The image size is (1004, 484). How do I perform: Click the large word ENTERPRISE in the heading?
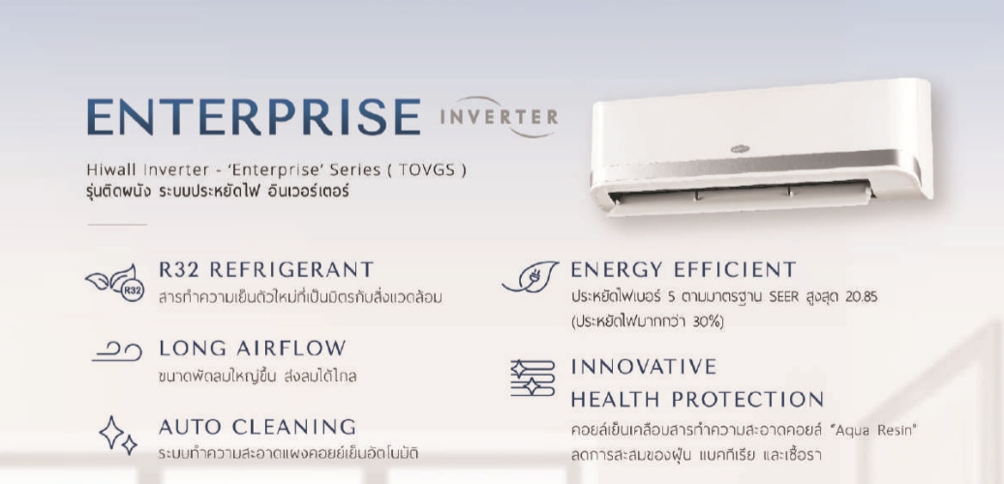(x=254, y=117)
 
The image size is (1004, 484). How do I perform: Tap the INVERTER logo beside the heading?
(x=499, y=117)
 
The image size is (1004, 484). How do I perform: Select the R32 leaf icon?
(x=115, y=283)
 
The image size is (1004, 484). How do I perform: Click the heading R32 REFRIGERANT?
(x=266, y=269)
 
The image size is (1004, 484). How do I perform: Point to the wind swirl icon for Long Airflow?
(x=116, y=351)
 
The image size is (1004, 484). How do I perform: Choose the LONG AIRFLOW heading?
(x=253, y=348)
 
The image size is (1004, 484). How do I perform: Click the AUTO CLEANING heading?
(x=258, y=426)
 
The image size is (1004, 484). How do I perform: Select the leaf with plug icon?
(x=531, y=277)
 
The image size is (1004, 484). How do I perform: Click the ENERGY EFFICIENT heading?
(x=684, y=269)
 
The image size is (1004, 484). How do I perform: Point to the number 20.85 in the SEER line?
(x=861, y=298)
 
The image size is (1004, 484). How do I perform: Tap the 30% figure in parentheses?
(x=706, y=321)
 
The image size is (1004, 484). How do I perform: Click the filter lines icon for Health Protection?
(x=532, y=378)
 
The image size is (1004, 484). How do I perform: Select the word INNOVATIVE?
(x=644, y=367)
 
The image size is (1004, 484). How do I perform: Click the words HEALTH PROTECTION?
(x=697, y=400)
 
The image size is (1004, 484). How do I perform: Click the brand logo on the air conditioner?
(x=741, y=149)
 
